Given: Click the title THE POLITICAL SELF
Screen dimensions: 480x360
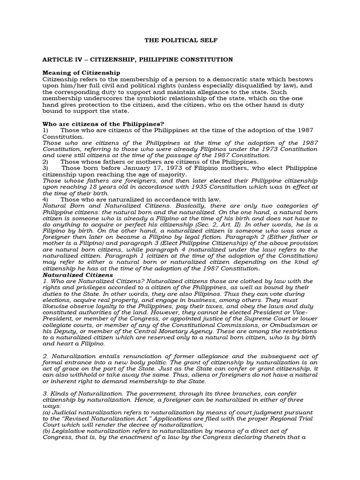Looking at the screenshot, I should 180,41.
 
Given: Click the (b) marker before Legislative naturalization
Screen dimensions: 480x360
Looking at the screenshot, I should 47,431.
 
